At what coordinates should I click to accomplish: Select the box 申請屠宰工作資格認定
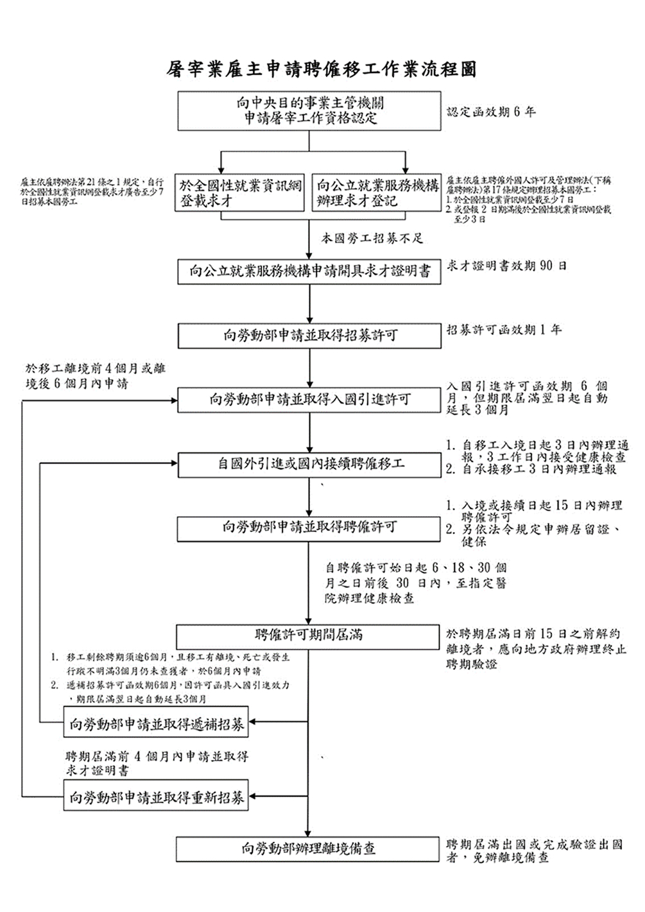coord(310,111)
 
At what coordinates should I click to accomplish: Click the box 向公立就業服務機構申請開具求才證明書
coord(310,271)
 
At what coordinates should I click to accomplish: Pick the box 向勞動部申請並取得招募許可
coord(310,336)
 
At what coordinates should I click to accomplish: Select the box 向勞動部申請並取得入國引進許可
coord(310,400)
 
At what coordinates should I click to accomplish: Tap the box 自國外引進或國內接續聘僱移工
coord(310,464)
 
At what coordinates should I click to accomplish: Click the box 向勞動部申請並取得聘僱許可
coord(310,528)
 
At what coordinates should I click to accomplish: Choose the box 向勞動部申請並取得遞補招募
coord(156,725)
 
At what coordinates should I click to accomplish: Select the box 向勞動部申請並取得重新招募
coord(156,798)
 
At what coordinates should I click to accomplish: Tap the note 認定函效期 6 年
coord(491,112)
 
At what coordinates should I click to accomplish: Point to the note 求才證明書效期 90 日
coord(506,266)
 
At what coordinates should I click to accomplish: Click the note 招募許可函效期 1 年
coord(504,330)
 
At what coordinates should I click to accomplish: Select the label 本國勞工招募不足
coord(372,239)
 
